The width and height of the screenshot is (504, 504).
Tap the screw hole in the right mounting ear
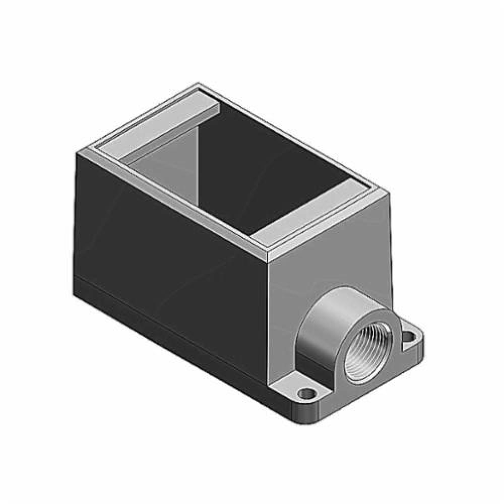(412, 335)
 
